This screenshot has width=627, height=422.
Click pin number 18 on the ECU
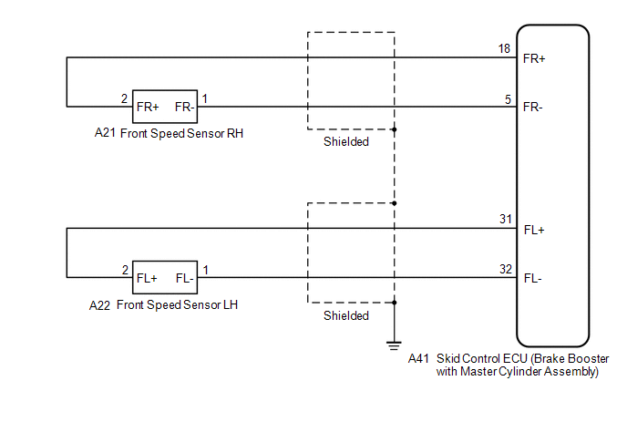[x=503, y=48]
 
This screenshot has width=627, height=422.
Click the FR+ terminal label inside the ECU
[x=534, y=59]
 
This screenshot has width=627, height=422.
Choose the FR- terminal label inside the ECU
[x=533, y=107]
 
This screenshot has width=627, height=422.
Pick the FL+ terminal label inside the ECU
[x=533, y=230]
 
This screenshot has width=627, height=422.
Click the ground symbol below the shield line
[x=394, y=344]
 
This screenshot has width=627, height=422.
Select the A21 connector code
[x=105, y=133]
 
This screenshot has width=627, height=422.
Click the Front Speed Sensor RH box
[x=165, y=107]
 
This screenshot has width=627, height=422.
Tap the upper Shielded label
[x=346, y=142]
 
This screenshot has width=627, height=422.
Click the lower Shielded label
[x=346, y=316]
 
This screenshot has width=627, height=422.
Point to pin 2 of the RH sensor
[x=124, y=98]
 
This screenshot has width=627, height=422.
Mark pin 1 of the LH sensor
[x=205, y=270]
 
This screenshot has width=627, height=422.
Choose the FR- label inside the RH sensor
[x=183, y=107]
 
